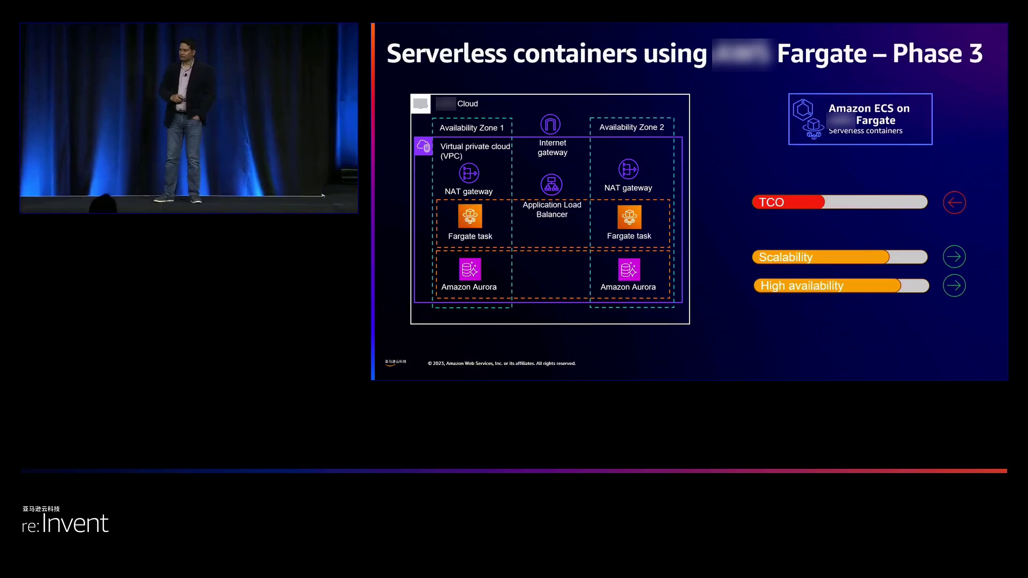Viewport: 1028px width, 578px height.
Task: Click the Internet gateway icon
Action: (x=550, y=124)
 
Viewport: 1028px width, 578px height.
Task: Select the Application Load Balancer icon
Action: (x=551, y=185)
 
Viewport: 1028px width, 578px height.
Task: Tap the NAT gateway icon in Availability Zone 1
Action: (x=469, y=173)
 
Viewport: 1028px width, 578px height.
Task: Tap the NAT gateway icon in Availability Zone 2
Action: (x=629, y=169)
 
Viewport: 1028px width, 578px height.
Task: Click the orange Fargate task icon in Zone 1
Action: (x=470, y=216)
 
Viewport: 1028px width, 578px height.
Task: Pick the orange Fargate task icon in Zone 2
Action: (x=629, y=217)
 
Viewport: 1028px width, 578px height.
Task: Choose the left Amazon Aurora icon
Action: (x=470, y=269)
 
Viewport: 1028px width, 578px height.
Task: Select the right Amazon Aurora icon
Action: (x=629, y=269)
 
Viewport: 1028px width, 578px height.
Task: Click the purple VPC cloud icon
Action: (x=424, y=146)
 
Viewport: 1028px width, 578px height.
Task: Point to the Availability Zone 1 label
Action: (x=472, y=128)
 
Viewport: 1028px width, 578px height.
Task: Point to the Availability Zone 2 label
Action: (x=632, y=127)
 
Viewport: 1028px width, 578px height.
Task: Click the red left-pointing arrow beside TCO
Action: (x=954, y=202)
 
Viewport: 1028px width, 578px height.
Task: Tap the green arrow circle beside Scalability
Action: (x=954, y=257)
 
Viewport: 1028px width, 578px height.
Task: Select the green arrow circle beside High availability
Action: (x=954, y=286)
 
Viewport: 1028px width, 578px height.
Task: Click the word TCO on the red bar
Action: (x=772, y=202)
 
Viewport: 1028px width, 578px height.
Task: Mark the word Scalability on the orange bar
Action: (x=785, y=257)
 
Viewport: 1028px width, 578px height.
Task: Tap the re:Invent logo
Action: (x=65, y=523)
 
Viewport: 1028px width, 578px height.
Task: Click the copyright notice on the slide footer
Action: (x=502, y=363)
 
